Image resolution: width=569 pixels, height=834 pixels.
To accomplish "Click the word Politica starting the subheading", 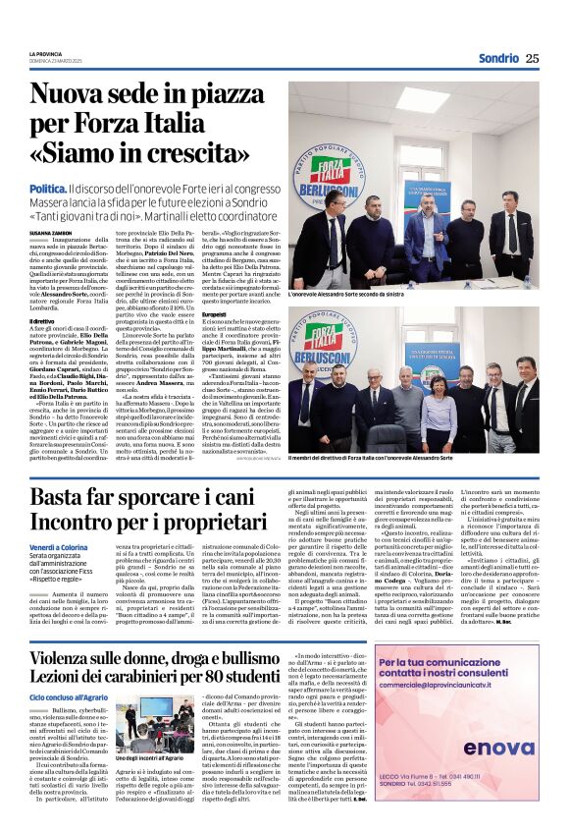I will point(48,187).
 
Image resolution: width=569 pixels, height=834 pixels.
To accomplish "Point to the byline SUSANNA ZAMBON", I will point(50,232).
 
